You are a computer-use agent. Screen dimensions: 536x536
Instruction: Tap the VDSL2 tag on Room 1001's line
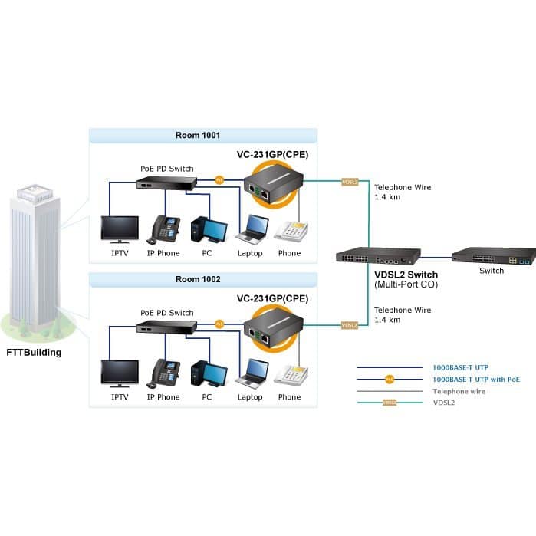350,183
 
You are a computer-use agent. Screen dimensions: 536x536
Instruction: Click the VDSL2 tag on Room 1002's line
350,326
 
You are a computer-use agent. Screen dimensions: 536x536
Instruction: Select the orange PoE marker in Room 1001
219,180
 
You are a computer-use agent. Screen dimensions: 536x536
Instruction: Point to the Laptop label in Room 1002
250,397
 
